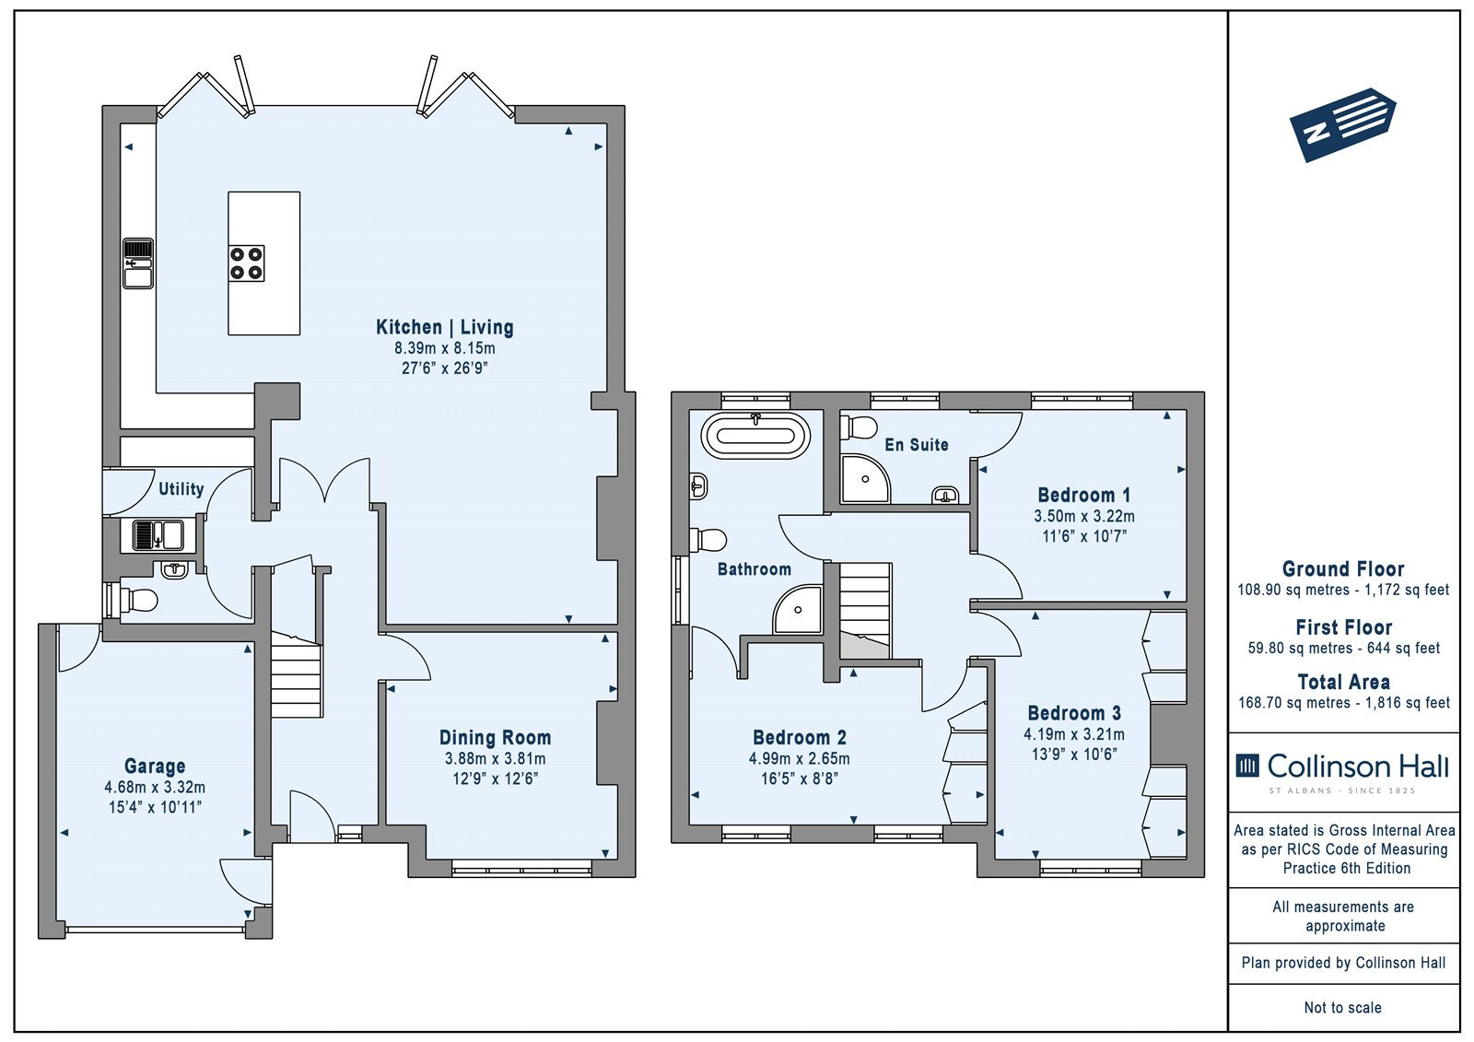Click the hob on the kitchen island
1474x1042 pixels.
[246, 263]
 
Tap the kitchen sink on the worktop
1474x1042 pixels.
[138, 263]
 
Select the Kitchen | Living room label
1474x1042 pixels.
[445, 327]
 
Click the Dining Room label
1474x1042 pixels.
[495, 738]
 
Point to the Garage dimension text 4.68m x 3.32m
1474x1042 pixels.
[155, 788]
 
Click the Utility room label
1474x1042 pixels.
[181, 489]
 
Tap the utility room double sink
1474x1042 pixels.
[158, 535]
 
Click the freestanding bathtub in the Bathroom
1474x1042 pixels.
[756, 436]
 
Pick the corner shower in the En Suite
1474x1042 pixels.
[865, 478]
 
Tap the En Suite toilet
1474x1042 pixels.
[859, 427]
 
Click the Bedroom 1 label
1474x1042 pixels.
[1083, 495]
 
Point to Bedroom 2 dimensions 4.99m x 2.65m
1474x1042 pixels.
[799, 759]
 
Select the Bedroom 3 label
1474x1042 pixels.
[1074, 713]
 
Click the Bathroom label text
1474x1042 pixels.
[755, 569]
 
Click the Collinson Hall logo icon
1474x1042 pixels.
[1247, 766]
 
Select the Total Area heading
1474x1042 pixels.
[1344, 682]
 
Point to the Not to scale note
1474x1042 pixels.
[1343, 1007]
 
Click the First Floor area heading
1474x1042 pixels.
[1344, 627]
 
